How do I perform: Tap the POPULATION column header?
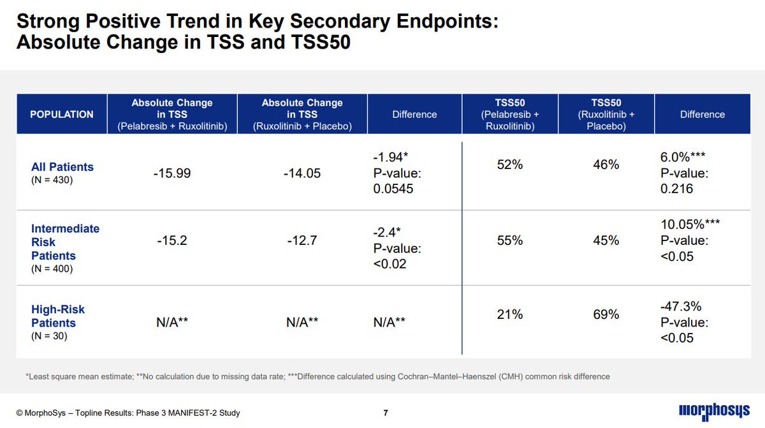coord(62,114)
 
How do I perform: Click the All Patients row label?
coord(62,167)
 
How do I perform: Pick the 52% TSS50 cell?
coord(509,165)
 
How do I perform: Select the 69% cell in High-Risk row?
coord(606,314)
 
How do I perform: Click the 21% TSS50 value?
coord(509,314)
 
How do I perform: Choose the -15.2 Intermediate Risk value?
coord(172,240)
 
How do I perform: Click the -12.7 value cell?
coord(302,240)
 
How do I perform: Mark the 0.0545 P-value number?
coord(393,189)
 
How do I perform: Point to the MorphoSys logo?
coord(713,411)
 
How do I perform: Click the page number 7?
coord(386,413)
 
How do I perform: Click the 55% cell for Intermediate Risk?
coord(509,240)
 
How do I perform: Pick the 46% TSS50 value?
coord(606,165)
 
